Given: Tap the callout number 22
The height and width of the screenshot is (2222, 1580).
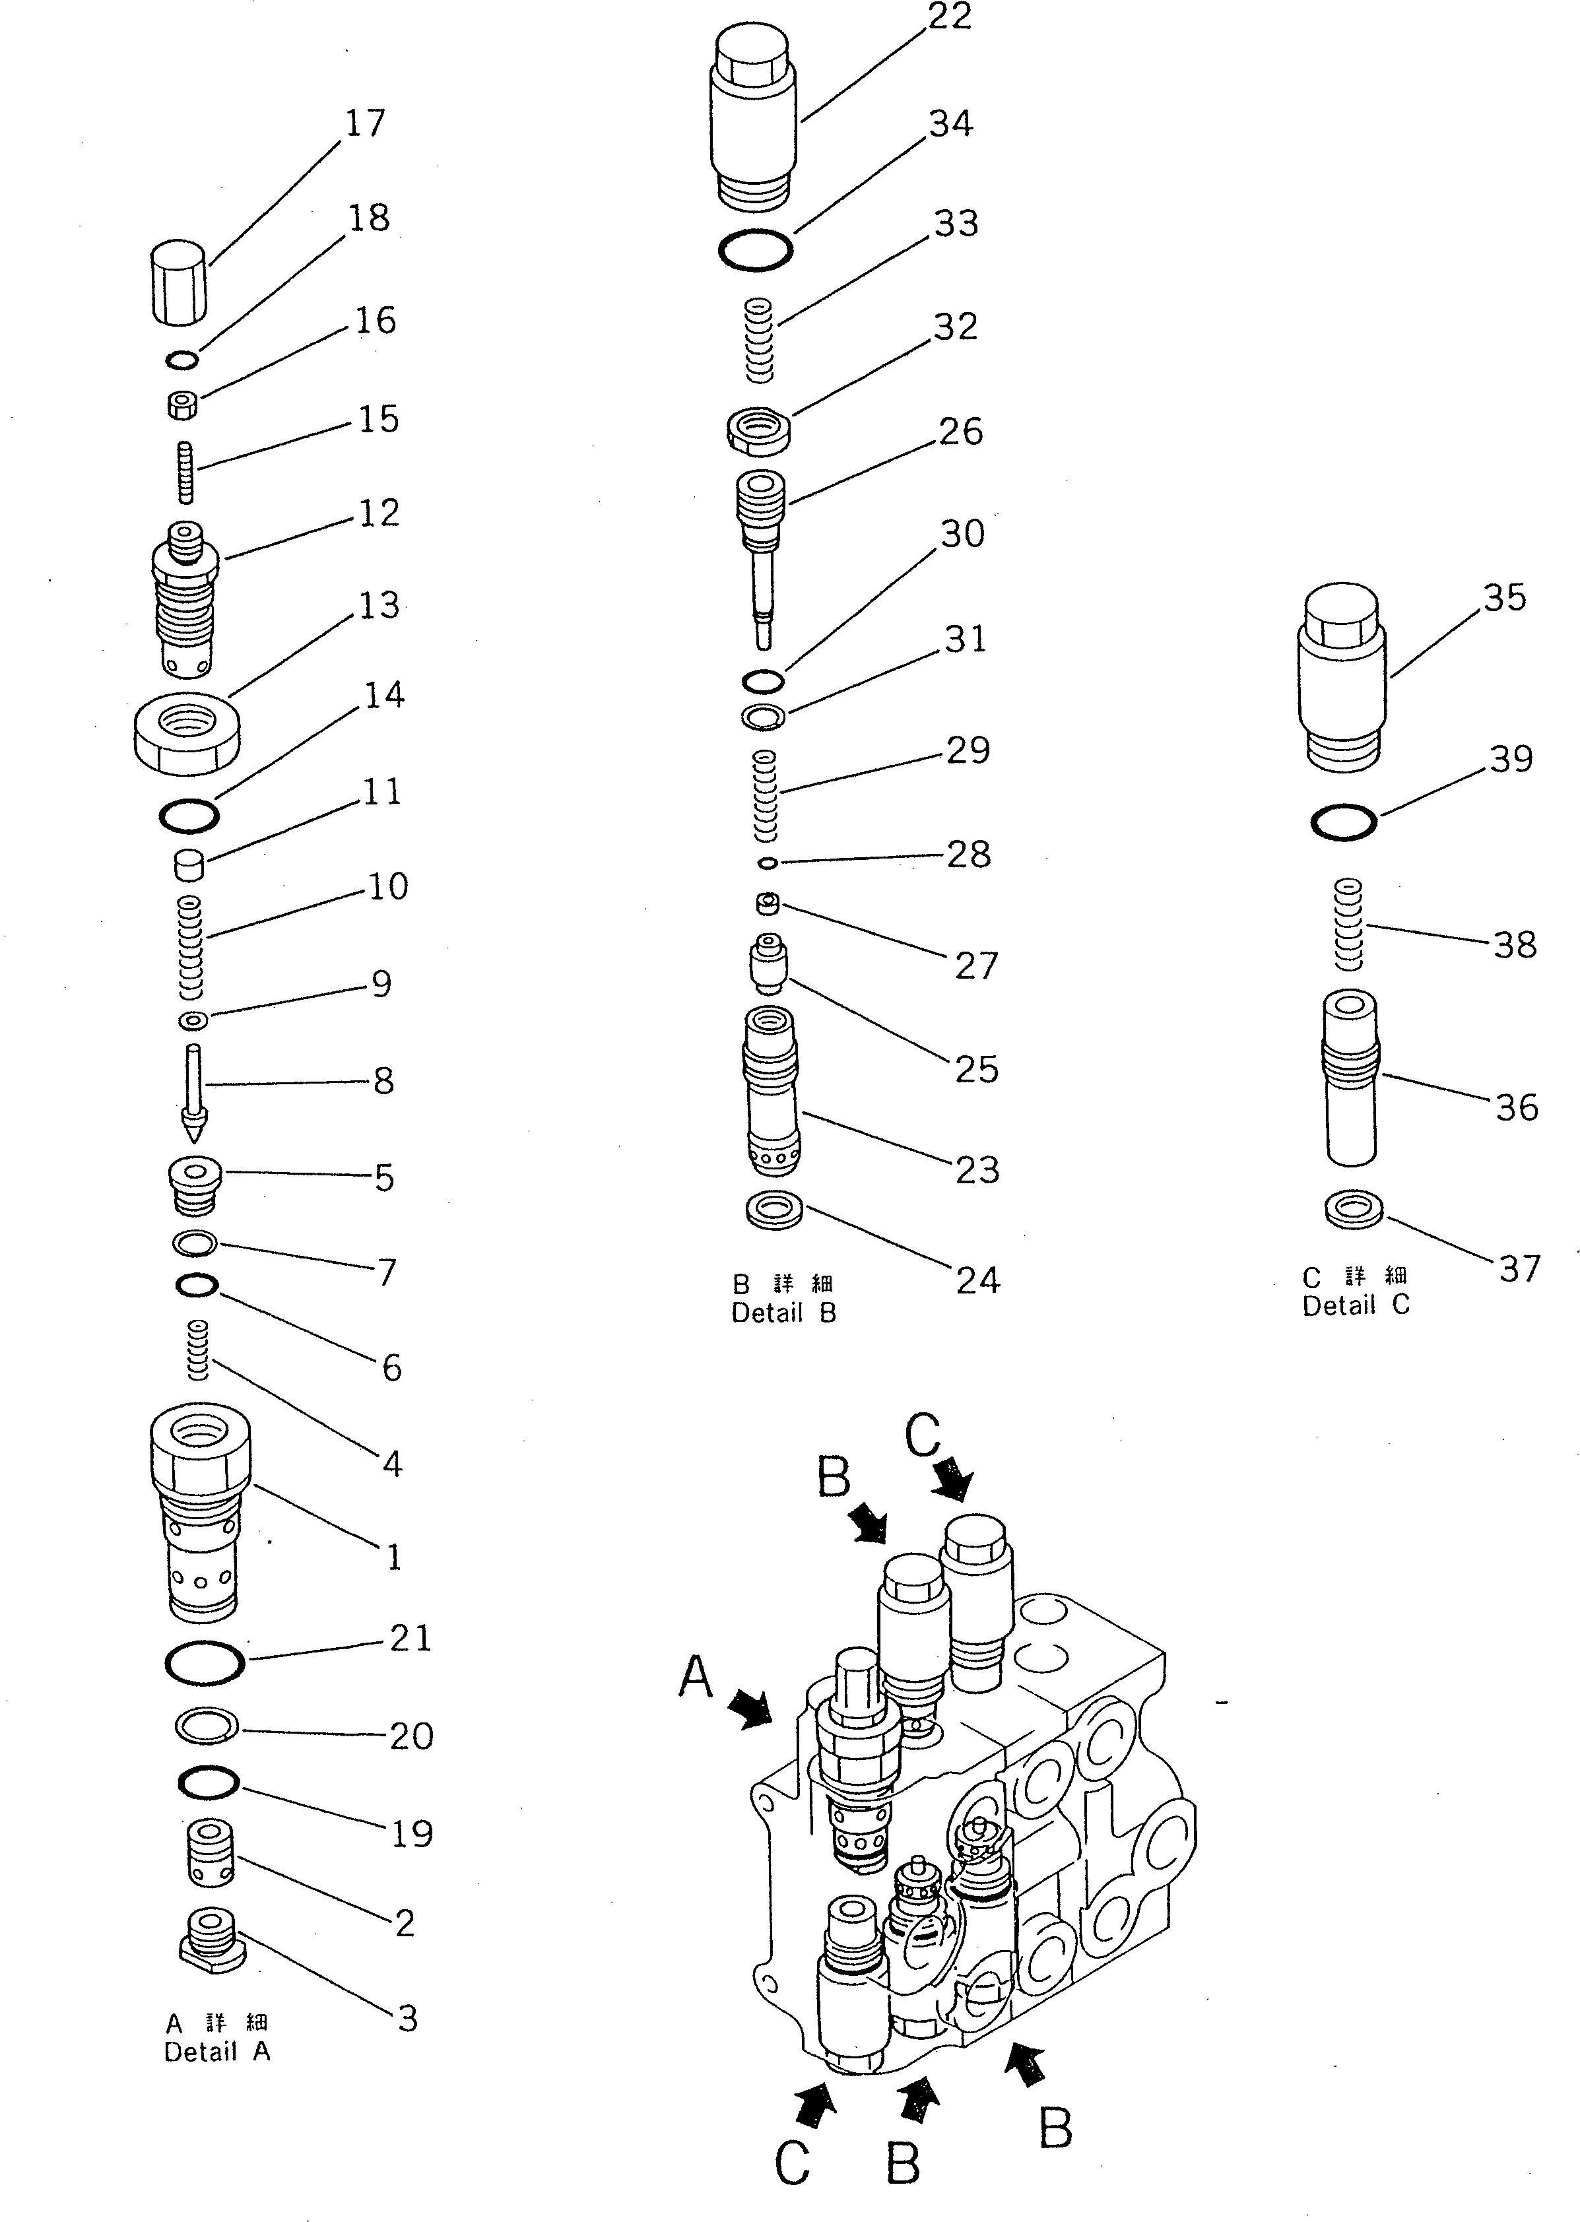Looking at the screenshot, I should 950,18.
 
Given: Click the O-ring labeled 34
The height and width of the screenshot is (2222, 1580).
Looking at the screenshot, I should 755,251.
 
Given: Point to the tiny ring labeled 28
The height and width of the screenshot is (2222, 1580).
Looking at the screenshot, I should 767,863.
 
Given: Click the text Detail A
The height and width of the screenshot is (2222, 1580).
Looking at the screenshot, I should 217,2052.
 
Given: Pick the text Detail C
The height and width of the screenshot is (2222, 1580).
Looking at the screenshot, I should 1355,1305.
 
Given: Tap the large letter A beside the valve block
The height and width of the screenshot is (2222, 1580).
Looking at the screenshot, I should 696,1678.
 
